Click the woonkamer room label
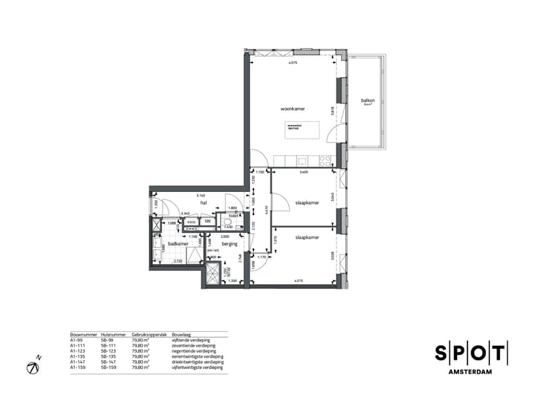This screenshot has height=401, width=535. [293, 109]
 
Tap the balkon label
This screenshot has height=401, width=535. [368, 100]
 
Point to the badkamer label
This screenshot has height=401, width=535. [177, 243]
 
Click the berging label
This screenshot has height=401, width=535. [229, 243]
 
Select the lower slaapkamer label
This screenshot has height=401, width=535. [307, 237]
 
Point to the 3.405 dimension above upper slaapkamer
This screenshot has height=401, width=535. [303, 173]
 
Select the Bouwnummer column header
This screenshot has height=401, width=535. [80, 335]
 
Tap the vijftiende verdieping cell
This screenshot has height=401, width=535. [191, 340]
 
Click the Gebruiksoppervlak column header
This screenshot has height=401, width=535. [146, 335]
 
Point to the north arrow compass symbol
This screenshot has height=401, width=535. [33, 367]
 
